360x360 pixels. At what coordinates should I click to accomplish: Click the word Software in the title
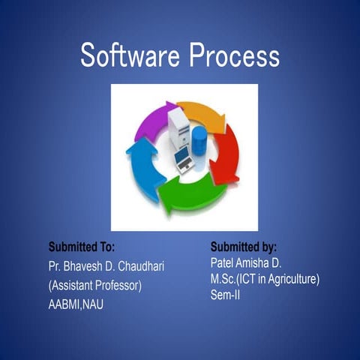point(129,55)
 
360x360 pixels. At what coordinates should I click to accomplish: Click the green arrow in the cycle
point(195,196)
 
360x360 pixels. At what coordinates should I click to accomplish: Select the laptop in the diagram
point(184,157)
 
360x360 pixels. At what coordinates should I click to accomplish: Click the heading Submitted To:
point(81,246)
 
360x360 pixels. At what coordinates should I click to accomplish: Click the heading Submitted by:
point(244,246)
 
